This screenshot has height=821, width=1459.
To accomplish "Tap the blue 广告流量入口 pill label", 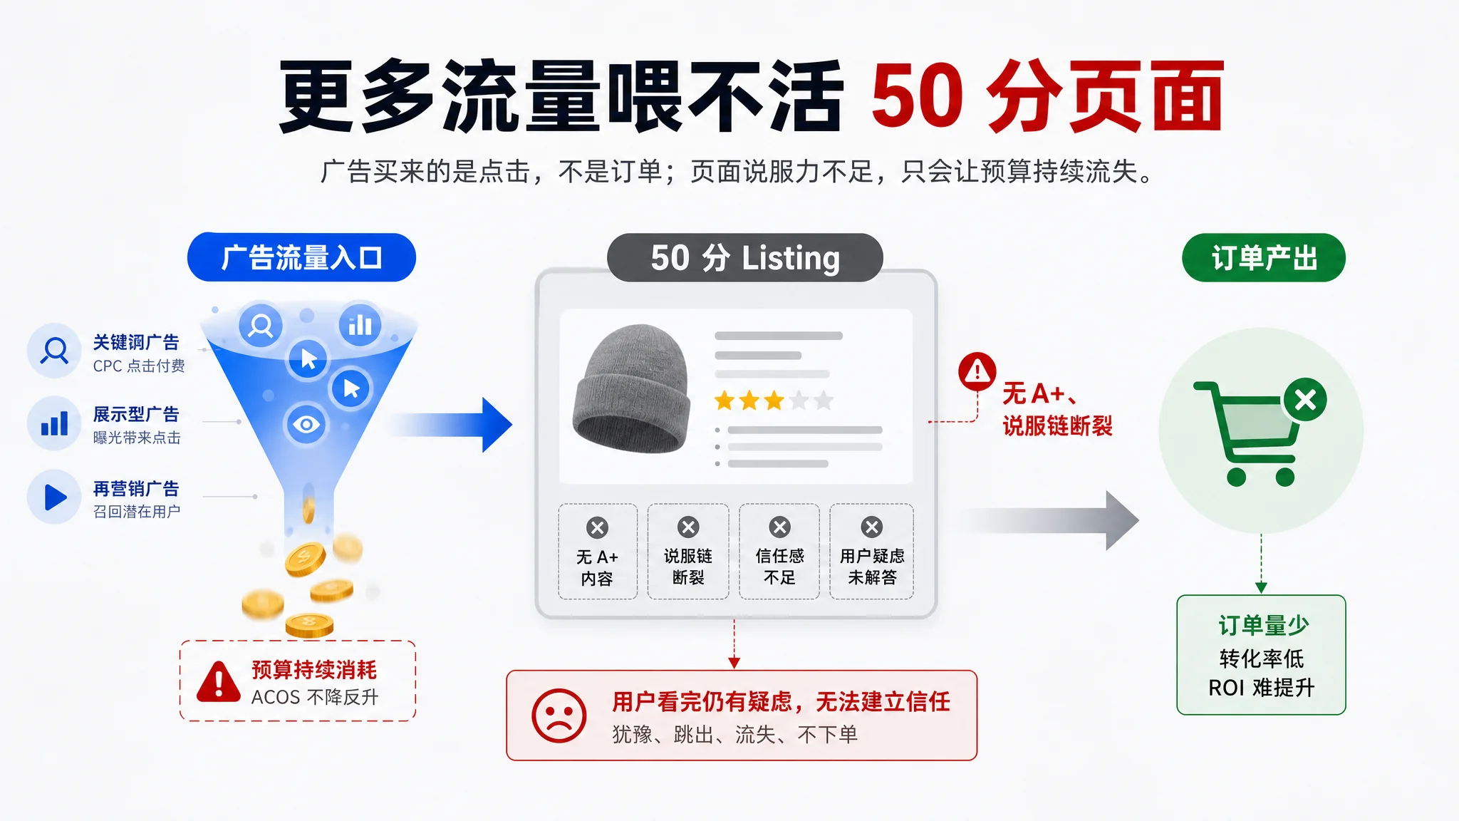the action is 301,257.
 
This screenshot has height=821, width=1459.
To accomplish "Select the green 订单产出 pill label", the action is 1264,257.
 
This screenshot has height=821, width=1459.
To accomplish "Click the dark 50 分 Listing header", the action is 745,257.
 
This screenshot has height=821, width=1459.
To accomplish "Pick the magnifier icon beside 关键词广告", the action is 54,351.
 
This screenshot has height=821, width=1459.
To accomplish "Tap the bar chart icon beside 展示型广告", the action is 54,423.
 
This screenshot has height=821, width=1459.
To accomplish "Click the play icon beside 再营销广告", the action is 54,497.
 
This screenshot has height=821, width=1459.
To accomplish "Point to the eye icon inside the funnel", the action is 306,425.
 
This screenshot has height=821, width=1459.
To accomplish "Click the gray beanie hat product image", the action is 631,388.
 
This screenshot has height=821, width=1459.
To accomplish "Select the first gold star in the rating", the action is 725,401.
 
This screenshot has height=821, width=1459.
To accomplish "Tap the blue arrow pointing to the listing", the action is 451,425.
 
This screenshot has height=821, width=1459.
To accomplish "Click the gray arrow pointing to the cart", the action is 1052,520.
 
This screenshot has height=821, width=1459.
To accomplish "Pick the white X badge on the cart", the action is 1305,400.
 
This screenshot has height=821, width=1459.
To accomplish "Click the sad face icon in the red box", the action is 559,716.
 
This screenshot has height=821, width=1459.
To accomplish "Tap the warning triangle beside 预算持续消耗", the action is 219,682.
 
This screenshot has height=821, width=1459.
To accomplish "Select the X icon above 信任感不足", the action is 779,527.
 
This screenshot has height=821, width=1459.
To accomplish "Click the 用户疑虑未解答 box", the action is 871,552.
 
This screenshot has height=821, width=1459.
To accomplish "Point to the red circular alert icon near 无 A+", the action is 977,371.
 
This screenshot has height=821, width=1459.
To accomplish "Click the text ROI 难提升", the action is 1261,688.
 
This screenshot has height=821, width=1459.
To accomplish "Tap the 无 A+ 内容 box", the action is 598,552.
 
